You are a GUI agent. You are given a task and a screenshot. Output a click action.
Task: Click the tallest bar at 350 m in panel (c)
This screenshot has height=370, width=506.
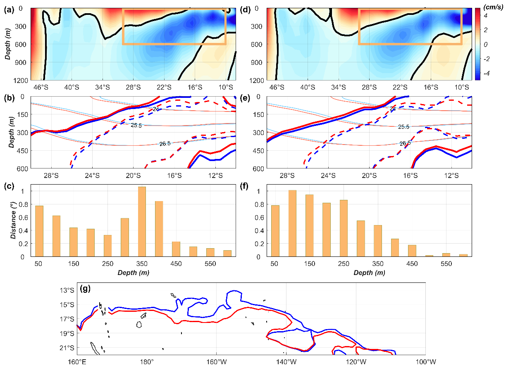coord(142,221)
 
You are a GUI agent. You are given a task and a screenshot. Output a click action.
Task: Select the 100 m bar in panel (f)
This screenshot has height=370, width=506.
coord(292,223)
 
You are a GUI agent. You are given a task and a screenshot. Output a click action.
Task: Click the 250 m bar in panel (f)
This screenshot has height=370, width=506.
coord(343,228)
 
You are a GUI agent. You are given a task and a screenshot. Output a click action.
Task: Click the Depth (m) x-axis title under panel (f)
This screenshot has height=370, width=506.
coord(369,273)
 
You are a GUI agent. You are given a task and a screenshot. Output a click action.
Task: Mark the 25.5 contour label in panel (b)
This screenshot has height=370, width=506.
coord(136,125)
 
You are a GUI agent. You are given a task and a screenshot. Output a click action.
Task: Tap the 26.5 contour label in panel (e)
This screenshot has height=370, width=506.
coord(405,143)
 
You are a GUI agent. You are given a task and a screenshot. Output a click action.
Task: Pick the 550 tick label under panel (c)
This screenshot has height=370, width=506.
coord(210,263)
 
